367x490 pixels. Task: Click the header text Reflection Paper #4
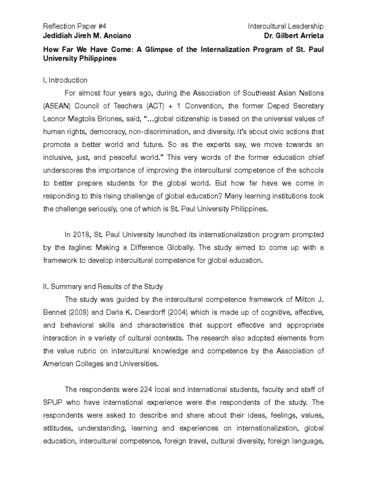(x=71, y=26)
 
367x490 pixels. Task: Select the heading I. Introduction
(x=65, y=80)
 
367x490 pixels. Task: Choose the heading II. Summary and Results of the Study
(x=103, y=287)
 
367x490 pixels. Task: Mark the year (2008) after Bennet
(x=79, y=312)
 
